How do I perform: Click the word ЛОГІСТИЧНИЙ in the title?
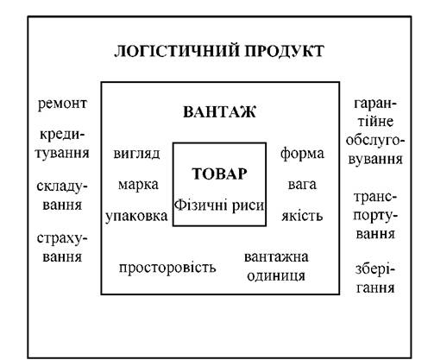pos(177,51)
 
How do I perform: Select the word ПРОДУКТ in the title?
pos(285,51)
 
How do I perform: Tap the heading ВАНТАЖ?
pos(219,112)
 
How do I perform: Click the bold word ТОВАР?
pos(219,174)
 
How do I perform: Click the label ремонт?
pos(62,104)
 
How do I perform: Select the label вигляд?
pos(136,154)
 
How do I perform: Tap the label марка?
pos(138,185)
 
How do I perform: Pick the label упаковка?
pos(136,217)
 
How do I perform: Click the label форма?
pos(302,154)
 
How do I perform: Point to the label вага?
pos(302,185)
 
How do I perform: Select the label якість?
pos(302,216)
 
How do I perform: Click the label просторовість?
pos(167,268)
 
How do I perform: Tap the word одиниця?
pos(276,276)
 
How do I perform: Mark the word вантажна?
pos(276,257)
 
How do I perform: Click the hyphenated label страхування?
pos(62,248)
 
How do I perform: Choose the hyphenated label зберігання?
pos(375,279)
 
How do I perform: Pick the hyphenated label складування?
pos(62,196)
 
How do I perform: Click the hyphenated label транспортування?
pos(375,216)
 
